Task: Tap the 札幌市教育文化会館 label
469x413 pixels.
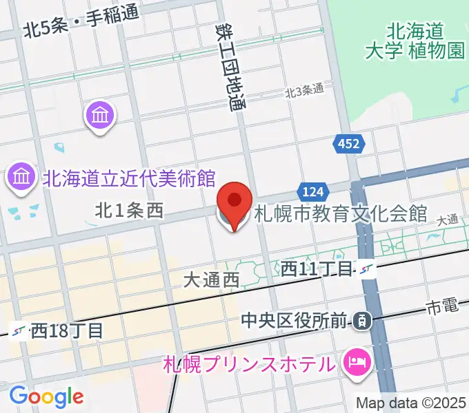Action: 341,214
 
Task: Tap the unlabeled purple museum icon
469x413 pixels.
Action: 101,115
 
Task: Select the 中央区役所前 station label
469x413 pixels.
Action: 295,319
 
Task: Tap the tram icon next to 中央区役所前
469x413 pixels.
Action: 361,319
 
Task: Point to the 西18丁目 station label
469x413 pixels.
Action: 67,330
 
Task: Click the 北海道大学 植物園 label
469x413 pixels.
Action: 415,41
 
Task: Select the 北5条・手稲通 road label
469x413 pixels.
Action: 81,23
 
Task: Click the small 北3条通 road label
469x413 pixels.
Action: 305,90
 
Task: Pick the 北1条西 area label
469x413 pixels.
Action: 129,211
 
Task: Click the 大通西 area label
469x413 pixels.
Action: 211,279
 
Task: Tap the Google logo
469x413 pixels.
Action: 46,396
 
